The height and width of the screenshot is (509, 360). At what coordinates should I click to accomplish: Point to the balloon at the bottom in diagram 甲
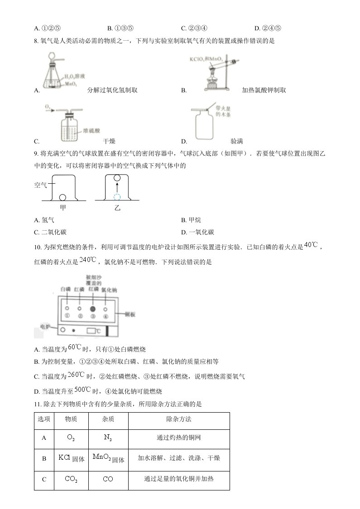(62, 197)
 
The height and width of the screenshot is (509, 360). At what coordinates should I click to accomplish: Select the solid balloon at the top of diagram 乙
(117, 178)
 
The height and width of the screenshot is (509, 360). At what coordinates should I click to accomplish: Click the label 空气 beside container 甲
(41, 185)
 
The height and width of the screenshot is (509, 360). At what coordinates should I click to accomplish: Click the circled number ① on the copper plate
(67, 316)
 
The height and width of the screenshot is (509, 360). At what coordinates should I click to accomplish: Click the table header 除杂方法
(179, 419)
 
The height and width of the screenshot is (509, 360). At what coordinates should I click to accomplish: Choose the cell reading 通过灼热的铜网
(179, 438)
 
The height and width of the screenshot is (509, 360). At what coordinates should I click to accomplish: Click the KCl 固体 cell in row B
(71, 458)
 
